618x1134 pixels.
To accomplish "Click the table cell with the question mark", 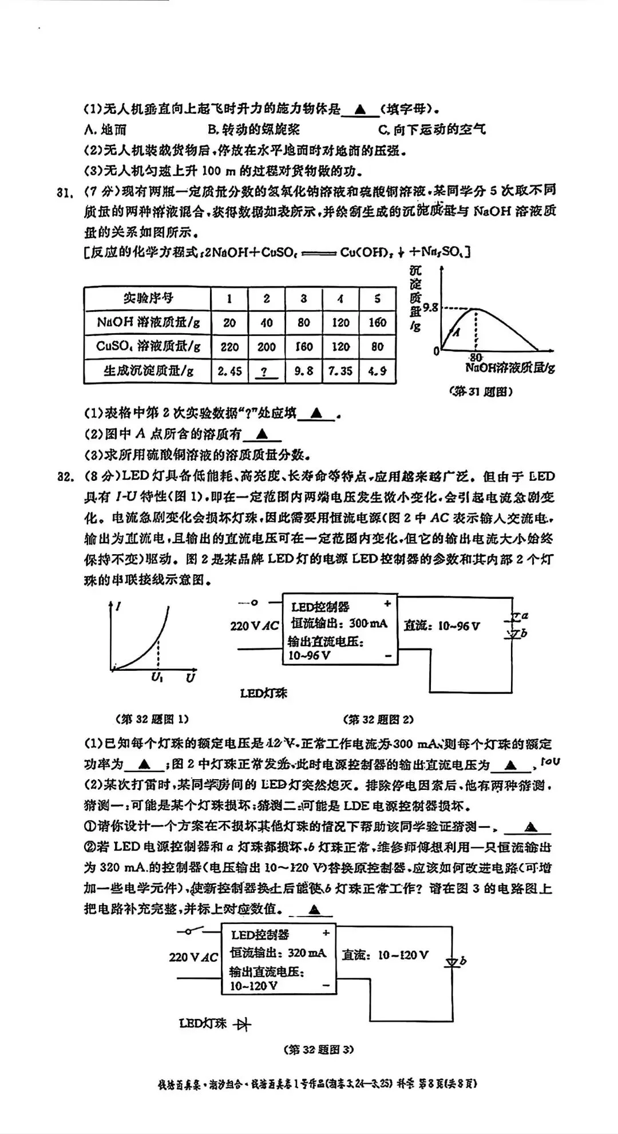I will coord(266,371).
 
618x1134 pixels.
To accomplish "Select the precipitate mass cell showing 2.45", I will coord(229,371).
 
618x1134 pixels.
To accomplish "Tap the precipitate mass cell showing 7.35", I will coord(340,371).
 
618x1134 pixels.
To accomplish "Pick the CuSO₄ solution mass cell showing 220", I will coord(229,346).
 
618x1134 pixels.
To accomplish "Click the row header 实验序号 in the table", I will coord(148,298).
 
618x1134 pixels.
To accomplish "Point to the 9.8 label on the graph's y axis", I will coord(430,308).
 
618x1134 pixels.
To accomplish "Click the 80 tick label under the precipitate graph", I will coord(476,357).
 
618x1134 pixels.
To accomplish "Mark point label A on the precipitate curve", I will coord(457,332).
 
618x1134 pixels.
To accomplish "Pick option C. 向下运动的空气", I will coord(432,130).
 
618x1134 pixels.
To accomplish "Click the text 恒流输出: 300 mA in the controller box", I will coord(339,623).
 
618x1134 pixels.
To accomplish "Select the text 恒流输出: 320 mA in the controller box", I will coord(279,953).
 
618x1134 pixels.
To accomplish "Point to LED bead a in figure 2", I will coord(515,617).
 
